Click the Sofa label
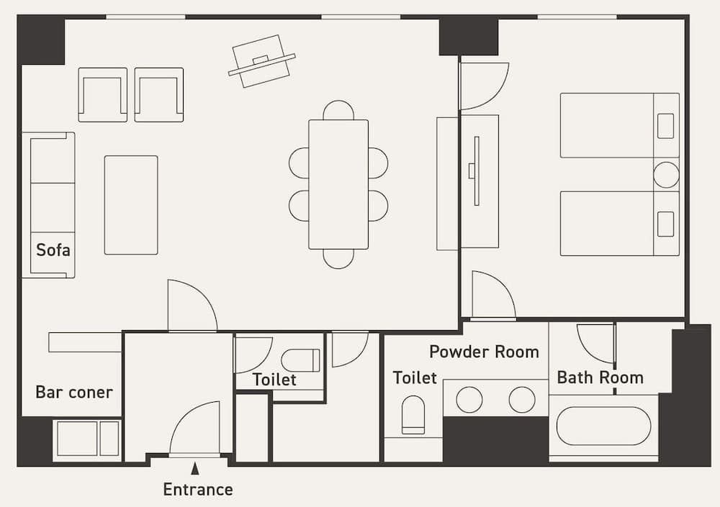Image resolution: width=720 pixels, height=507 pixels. (53, 251)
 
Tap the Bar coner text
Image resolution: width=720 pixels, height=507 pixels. (74, 393)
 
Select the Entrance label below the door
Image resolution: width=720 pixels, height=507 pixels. (198, 490)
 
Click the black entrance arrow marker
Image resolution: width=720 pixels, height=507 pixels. (194, 469)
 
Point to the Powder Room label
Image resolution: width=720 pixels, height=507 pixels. (484, 352)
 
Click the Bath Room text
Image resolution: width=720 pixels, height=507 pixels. (600, 378)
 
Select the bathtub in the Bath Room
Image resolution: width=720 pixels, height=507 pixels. (603, 426)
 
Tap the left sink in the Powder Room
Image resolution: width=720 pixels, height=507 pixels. (469, 400)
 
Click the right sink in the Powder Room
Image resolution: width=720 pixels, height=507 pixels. (522, 400)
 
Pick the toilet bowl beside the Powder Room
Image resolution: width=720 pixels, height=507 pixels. (413, 415)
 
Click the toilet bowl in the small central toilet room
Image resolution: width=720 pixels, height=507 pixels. (300, 360)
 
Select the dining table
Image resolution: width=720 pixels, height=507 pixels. (338, 184)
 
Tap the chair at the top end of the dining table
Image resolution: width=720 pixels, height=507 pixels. (338, 111)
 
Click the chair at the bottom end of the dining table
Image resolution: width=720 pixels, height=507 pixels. (338, 258)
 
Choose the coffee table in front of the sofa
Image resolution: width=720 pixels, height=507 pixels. (131, 205)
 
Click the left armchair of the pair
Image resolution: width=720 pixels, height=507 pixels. (103, 95)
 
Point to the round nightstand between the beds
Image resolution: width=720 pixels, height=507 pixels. (666, 175)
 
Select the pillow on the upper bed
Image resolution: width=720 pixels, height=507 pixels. (666, 126)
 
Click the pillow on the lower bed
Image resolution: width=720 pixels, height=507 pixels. (666, 224)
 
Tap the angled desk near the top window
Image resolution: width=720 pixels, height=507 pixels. (261, 61)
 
